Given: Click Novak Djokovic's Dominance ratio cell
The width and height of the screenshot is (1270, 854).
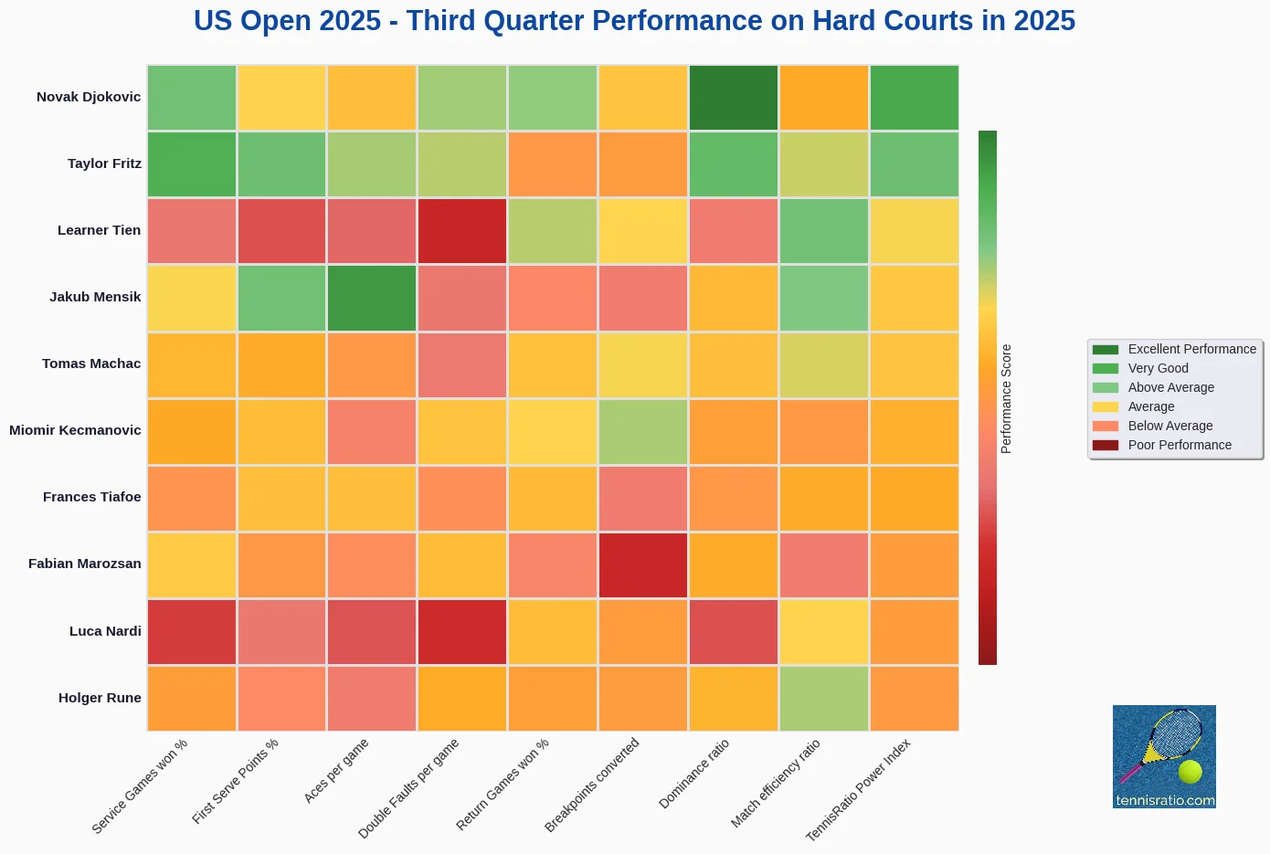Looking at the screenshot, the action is click(x=733, y=98).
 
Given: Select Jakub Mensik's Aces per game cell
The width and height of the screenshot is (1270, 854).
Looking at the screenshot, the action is click(x=372, y=298).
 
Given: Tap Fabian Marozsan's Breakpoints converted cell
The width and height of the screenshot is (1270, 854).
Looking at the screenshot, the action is click(x=643, y=565).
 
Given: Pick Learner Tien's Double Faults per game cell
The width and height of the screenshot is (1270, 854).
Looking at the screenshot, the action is click(x=462, y=231).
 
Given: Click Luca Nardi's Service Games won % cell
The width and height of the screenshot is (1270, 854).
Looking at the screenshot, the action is click(x=192, y=632).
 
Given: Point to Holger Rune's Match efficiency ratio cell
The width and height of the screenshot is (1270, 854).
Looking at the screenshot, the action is click(x=824, y=699).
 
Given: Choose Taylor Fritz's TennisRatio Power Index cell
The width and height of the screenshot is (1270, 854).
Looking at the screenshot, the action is click(x=915, y=164).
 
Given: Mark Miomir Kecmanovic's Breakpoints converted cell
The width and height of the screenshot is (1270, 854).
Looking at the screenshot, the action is click(x=643, y=432).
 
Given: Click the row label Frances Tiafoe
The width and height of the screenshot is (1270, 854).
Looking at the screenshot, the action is click(x=92, y=497).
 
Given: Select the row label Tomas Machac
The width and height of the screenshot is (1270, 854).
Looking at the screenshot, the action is click(x=91, y=364).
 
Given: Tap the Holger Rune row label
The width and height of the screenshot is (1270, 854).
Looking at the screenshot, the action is click(x=100, y=698).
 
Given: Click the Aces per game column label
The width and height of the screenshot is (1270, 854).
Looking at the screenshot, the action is click(x=336, y=770).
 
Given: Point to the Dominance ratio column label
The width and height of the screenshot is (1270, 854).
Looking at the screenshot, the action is click(x=694, y=774).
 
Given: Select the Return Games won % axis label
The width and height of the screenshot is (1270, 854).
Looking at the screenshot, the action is click(x=503, y=784).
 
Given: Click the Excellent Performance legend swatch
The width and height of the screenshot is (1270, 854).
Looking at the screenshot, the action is click(x=1105, y=350).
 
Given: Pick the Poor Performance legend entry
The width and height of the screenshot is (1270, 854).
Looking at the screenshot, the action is click(x=1161, y=445).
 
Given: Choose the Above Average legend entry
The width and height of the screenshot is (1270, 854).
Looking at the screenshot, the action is click(x=1153, y=387).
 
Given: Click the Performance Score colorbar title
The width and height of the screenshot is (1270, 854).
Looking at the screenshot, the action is click(x=1006, y=398).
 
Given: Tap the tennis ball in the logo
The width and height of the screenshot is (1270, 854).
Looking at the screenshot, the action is click(x=1190, y=772).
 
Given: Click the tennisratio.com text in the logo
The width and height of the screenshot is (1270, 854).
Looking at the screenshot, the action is click(x=1165, y=800).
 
